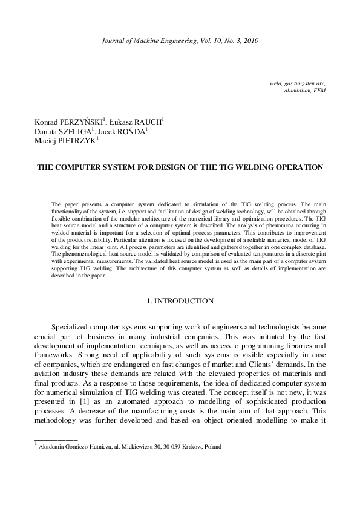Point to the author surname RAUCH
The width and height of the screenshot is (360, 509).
tap(145, 122)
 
